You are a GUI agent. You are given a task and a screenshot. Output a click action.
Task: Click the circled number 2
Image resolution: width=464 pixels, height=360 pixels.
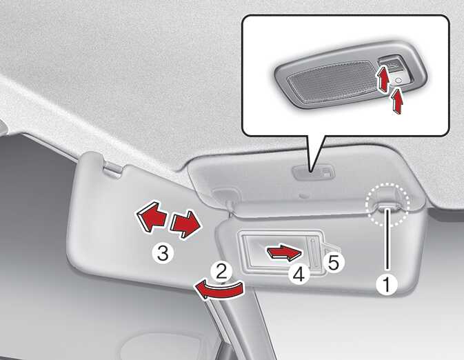(221, 272)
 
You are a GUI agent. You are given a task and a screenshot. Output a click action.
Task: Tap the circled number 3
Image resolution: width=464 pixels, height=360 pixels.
(162, 253)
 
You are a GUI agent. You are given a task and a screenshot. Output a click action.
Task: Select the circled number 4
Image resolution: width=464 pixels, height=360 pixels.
(299, 274)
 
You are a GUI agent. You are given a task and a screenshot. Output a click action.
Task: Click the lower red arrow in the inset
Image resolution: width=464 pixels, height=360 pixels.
(398, 101)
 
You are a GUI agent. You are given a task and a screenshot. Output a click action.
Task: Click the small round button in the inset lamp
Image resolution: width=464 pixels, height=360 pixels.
(398, 80)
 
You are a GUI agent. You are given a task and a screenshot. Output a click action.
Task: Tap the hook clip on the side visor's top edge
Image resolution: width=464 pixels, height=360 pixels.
(113, 170)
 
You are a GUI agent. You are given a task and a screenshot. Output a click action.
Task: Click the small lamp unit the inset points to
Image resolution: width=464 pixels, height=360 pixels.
(314, 172)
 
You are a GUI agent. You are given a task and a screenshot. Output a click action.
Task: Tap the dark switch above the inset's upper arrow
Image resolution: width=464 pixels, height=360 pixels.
(391, 65)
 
